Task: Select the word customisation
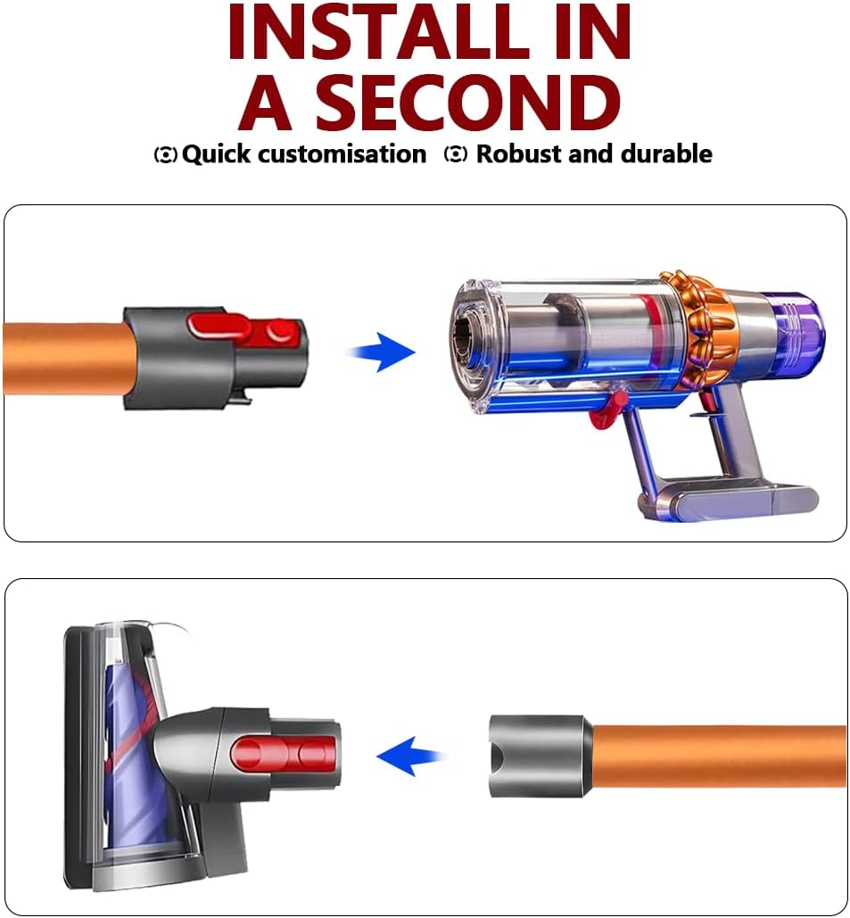point(342,154)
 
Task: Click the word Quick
point(217,154)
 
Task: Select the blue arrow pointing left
point(409,757)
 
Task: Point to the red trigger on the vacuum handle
point(707,402)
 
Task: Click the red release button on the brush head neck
point(284,753)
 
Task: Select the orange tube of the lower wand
point(720,757)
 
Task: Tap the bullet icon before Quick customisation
point(165,155)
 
